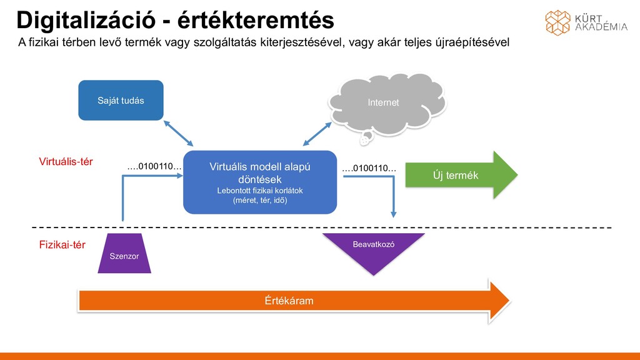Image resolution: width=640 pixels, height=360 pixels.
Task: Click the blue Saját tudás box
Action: point(121,100)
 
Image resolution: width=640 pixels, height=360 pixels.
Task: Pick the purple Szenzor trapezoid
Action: point(124,254)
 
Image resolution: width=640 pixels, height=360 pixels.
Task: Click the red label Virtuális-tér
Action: point(66,162)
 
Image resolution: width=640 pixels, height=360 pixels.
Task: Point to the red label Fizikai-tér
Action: point(62,245)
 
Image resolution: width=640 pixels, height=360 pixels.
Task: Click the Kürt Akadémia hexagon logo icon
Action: point(557,22)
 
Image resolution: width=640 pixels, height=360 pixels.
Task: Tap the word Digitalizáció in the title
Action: point(86,20)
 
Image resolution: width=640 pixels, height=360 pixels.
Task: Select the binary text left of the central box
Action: point(154,167)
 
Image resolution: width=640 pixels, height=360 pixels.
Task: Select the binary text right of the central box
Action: point(369,168)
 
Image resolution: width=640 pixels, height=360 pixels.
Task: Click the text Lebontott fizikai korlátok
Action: point(259,191)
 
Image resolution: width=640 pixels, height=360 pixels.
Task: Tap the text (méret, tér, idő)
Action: point(259,201)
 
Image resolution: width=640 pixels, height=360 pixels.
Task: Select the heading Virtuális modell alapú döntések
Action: point(259,173)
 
